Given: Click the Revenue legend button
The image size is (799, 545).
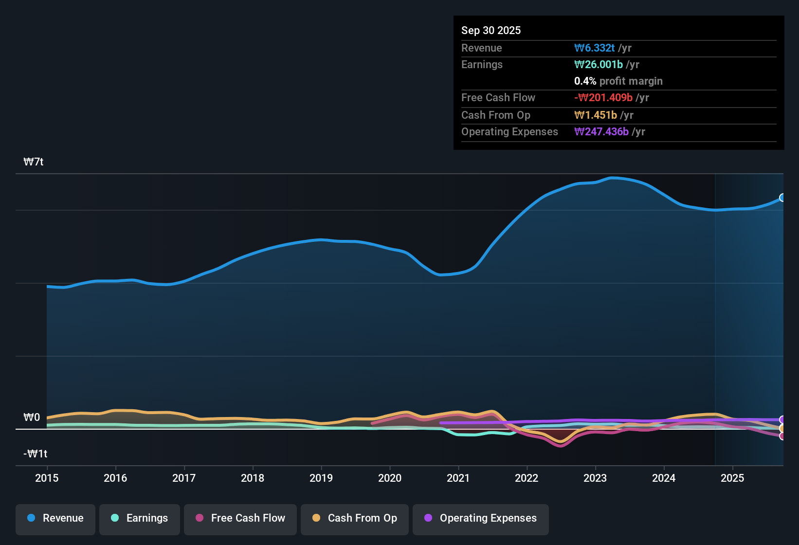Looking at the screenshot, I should pos(55,518).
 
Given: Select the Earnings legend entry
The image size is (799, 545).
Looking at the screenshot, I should pos(140,518).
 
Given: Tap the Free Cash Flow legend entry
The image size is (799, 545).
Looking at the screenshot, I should pos(240,518).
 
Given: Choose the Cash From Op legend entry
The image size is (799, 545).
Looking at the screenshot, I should pos(355,518).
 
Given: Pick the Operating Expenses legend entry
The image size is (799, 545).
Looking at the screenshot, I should pos(481,518).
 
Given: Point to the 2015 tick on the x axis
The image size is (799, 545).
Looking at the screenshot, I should pos(47,478).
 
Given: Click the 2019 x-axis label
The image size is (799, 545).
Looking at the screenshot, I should pos(321,478).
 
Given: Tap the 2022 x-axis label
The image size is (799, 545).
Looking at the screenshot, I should pos(527,478).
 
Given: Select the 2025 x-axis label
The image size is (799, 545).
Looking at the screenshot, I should pos(732,478).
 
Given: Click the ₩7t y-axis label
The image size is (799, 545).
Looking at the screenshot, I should pos(34,162).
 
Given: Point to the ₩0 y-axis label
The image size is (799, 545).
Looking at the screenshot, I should pos(32,418).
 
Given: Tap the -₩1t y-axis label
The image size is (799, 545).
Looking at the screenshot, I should pos(36,454).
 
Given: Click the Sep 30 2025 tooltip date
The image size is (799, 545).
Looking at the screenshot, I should pos(491,31).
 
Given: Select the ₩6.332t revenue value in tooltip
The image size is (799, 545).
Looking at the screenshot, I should pos(594,48).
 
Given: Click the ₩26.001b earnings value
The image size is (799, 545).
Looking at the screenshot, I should pos(599,65).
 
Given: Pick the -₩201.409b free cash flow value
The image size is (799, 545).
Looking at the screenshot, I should pos(603,98).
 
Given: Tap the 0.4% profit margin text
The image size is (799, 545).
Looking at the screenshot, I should pos(618,81).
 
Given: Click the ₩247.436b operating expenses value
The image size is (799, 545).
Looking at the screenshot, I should pos(601,132).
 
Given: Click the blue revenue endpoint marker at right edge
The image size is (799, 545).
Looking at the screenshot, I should pos(782,198).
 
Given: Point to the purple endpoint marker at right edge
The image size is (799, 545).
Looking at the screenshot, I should pos(782,419).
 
